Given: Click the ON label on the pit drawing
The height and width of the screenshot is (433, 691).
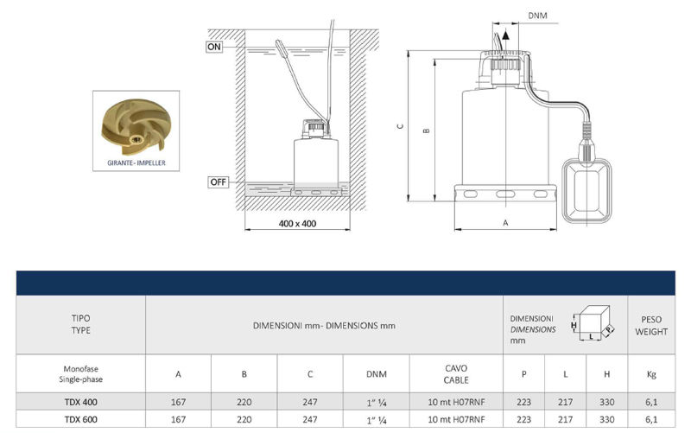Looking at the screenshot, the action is click(x=213, y=47).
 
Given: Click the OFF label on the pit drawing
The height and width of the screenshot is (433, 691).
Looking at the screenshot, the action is click(x=219, y=181).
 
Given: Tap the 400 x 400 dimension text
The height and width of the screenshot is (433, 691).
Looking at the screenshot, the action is click(x=297, y=224).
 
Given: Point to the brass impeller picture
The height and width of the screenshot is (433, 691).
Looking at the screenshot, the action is click(x=134, y=127).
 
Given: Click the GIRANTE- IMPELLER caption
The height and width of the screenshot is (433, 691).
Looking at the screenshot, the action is click(x=136, y=162).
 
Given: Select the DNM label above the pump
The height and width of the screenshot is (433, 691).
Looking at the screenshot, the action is click(x=537, y=16).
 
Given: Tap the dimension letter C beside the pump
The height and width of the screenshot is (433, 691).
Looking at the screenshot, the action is click(x=400, y=126).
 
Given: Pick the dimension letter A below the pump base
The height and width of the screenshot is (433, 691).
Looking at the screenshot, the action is click(x=505, y=223).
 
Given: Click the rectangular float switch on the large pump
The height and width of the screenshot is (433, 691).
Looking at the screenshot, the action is click(x=587, y=190).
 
